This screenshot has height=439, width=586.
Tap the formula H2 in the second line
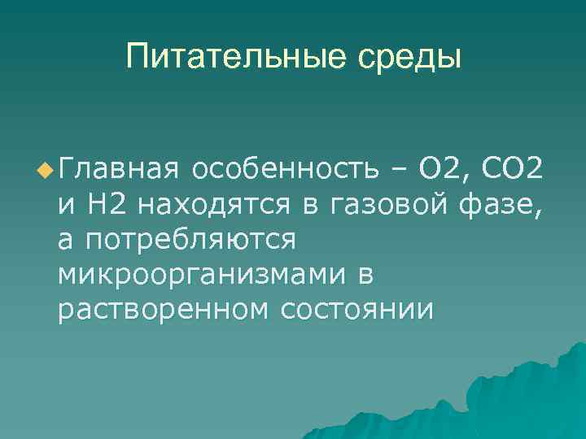pos(106,206)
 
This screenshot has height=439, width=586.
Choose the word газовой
pos(383,206)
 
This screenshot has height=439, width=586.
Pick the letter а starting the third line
pos(65,241)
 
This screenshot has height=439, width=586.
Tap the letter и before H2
pos(66,206)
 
